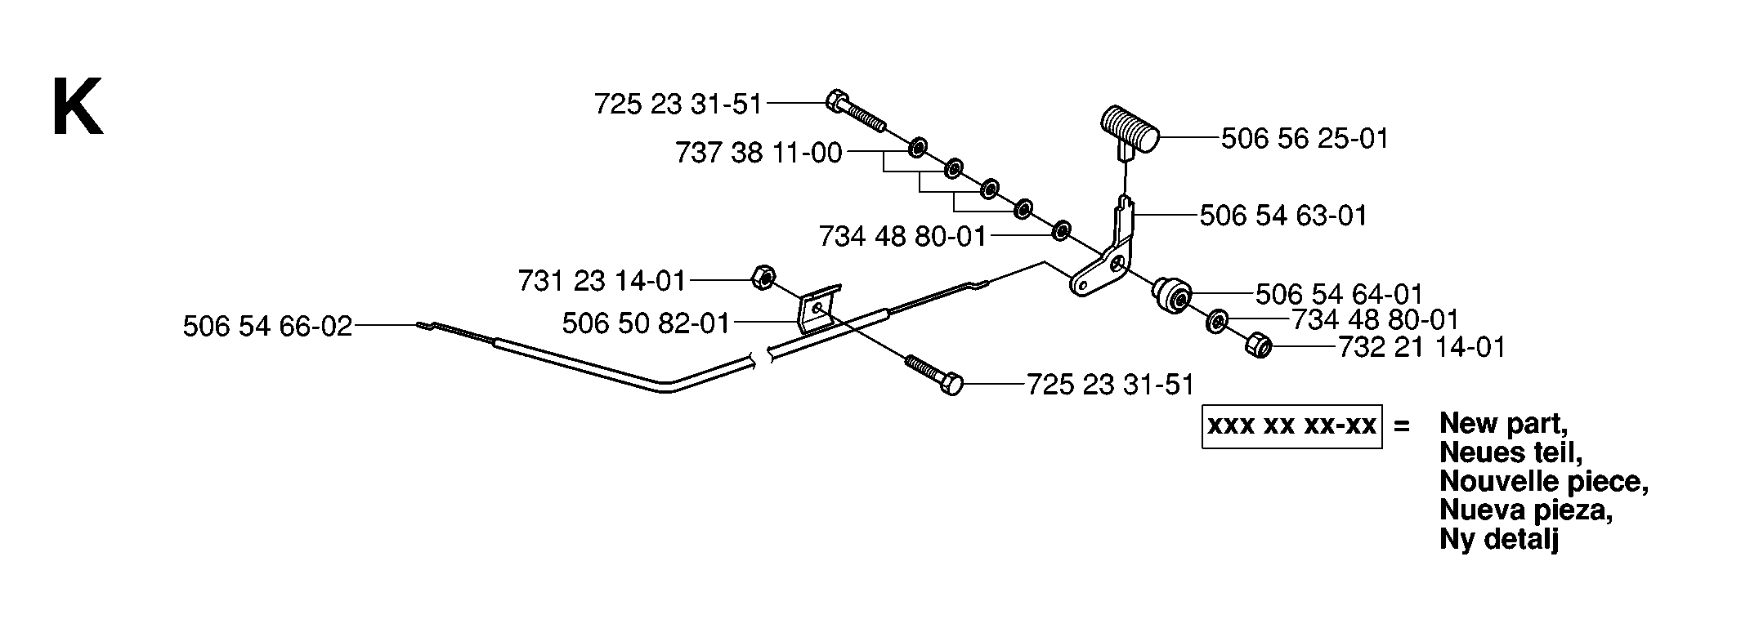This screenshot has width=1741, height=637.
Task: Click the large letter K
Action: (78, 107)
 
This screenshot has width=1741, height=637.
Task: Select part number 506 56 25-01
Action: (1305, 139)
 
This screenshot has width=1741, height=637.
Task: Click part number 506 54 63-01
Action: (1283, 216)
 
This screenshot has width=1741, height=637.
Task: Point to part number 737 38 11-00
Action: (759, 153)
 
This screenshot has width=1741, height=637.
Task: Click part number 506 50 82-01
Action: (646, 324)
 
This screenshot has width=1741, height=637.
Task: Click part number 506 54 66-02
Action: (267, 327)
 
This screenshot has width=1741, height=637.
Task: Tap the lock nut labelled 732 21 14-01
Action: (1257, 346)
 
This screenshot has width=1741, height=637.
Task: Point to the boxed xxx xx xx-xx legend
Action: (1291, 425)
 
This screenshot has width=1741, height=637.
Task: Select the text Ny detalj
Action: (1499, 539)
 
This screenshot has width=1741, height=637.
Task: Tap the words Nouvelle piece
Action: (1543, 482)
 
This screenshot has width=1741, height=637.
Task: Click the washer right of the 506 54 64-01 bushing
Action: (1215, 322)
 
